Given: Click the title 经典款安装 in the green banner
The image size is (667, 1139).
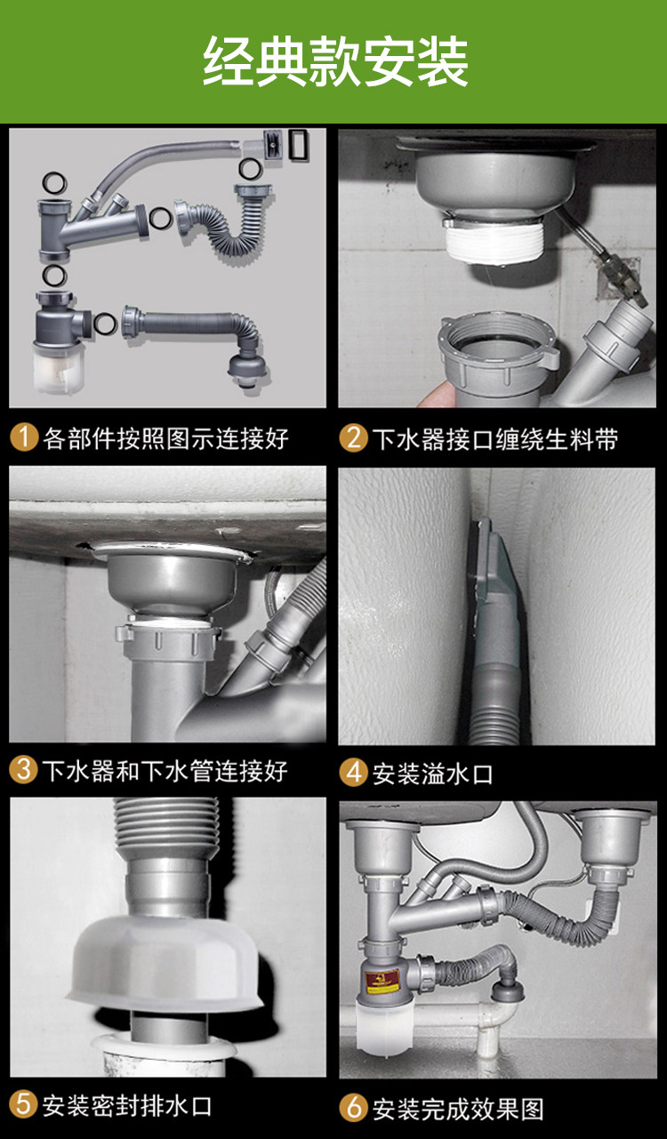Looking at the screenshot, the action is (335, 61).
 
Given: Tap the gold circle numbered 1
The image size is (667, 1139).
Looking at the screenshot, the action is (24, 437).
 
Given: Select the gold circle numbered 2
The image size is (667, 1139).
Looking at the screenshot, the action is (354, 437).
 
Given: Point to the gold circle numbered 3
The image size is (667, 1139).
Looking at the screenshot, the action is (23, 770).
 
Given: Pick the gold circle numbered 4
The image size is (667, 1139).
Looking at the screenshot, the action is (354, 773).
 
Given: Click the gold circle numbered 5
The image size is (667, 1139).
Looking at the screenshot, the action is (23, 1104).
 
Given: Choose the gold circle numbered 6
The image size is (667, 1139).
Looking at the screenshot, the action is (354, 1108).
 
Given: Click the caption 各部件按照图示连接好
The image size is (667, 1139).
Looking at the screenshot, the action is (165, 437).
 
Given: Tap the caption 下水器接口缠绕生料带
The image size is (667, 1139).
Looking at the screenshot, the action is (495, 438).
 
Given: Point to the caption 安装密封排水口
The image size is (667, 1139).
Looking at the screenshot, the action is (126, 1105).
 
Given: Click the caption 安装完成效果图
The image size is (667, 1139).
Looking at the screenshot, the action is (458, 1109).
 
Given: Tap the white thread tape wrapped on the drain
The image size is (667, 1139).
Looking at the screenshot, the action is (494, 243).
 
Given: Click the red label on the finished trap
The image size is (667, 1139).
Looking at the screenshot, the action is (382, 979).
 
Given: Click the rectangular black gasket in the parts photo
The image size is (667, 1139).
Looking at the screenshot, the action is (300, 146).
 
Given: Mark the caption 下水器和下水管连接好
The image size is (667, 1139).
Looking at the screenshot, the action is (165, 770).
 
